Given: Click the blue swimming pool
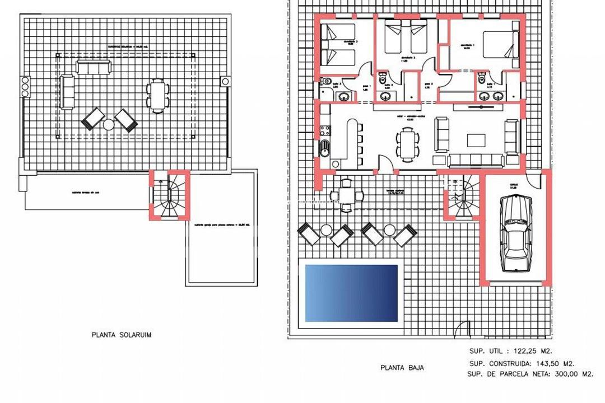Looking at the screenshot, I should pyautogui.click(x=351, y=293).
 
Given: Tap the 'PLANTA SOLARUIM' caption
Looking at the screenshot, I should pyautogui.click(x=122, y=335).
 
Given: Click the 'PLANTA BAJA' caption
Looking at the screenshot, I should pyautogui.click(x=402, y=368).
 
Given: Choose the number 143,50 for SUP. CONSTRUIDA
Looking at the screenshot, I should pyautogui.click(x=552, y=363).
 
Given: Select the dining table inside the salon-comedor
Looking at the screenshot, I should pyautogui.click(x=407, y=142).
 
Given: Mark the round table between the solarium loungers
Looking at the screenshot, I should pyautogui.click(x=109, y=124).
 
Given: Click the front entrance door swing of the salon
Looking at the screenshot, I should pyautogui.click(x=385, y=162).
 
